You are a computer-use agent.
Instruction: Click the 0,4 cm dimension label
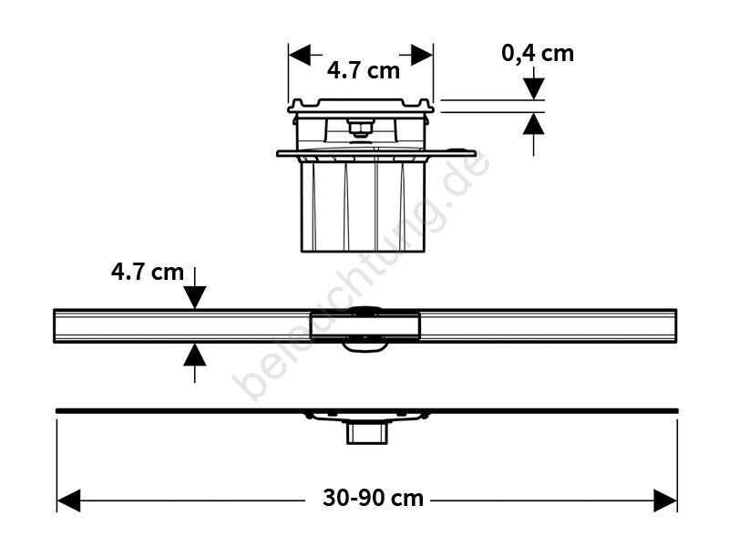538,54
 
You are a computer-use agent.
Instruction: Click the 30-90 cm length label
373,498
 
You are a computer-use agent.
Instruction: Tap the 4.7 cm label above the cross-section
363,71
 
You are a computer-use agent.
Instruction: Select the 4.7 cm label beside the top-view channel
148,272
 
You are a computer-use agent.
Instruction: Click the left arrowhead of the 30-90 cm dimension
68,501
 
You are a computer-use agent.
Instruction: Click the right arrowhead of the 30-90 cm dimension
665,501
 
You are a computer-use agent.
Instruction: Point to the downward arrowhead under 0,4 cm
533,88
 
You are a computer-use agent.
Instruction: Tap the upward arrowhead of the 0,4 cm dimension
533,124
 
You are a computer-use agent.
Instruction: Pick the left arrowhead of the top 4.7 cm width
300,55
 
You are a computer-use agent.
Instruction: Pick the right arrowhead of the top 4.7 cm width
422,55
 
